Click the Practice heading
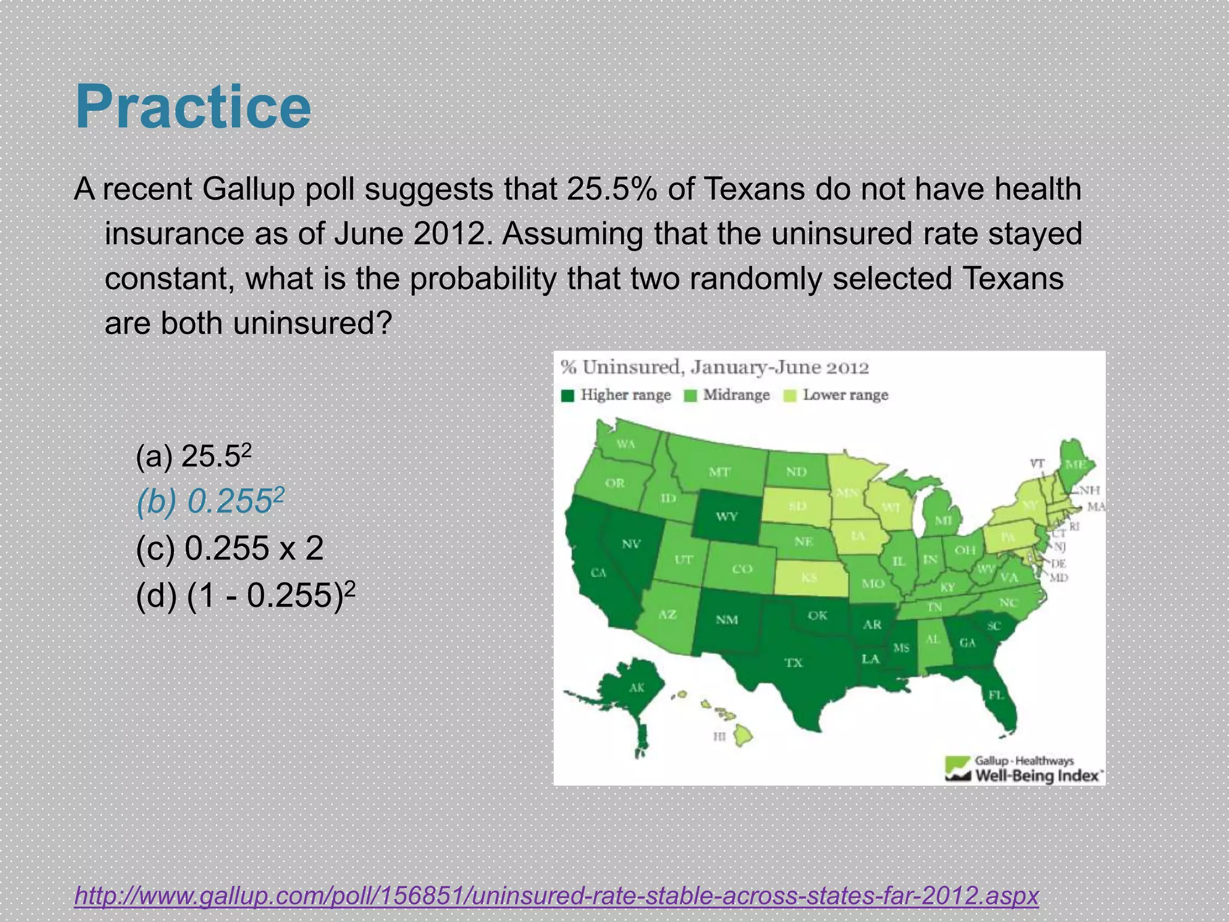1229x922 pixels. point(193,107)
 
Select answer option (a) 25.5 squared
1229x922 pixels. point(193,456)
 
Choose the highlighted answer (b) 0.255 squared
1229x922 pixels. point(209,502)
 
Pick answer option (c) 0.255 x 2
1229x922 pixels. point(230,548)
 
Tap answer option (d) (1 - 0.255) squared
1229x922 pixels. point(245,595)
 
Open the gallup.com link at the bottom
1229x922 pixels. point(556,895)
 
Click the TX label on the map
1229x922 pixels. point(793,663)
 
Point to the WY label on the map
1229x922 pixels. point(726,516)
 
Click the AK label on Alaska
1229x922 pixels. point(637,688)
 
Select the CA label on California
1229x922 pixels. point(598,573)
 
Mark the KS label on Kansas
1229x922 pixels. point(810,577)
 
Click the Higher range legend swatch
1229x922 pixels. point(568,396)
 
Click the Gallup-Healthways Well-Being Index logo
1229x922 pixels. point(1024,769)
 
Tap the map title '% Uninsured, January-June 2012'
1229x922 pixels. point(714,367)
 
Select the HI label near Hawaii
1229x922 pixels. point(720,736)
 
